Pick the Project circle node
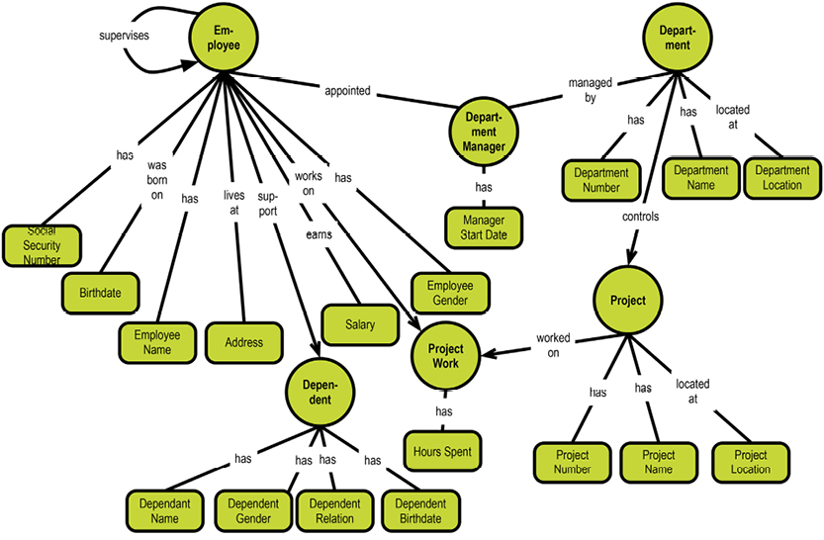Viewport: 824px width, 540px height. click(628, 300)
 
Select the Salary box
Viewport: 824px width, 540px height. click(360, 325)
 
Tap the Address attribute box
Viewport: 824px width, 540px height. click(243, 342)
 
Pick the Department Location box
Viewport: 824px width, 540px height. click(781, 177)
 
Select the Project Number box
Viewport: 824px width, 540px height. click(572, 462)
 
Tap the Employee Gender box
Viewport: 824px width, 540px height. click(450, 293)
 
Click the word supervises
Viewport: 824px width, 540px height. click(125, 37)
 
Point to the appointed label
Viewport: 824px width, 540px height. click(347, 92)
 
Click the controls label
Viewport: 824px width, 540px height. click(641, 215)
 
